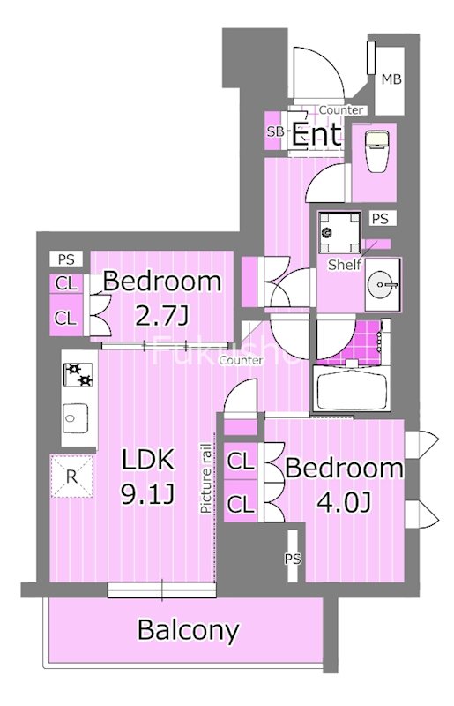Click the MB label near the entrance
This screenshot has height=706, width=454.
391,80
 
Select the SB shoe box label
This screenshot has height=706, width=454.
275,132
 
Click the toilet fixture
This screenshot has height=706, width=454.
376,154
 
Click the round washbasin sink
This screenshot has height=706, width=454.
382,283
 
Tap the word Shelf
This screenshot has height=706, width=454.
343,264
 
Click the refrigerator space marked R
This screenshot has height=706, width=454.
71,477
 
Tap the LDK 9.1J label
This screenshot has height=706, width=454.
148,477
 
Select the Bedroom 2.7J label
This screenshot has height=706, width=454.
161,299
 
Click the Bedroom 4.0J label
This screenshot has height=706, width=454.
344,485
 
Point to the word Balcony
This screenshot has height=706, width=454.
188,630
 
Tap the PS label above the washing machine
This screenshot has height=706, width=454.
380,219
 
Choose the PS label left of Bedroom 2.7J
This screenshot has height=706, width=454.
65,259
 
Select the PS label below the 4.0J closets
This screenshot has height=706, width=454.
293,559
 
